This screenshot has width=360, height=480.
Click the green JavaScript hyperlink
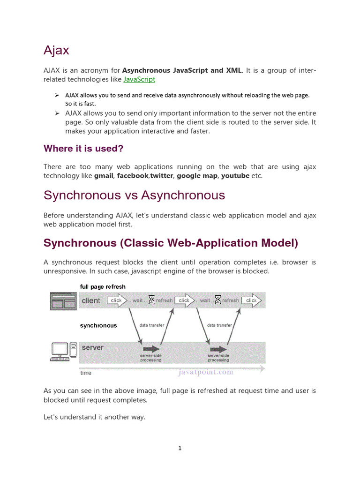click(139, 80)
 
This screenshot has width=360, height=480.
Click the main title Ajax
click(56, 51)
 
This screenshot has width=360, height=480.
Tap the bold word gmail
click(104, 176)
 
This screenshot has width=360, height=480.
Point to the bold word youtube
click(236, 176)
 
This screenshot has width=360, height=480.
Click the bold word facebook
click(133, 176)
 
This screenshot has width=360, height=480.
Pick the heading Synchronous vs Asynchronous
click(134, 195)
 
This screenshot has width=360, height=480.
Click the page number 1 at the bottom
click(180, 449)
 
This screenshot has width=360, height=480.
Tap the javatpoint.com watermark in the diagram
click(206, 373)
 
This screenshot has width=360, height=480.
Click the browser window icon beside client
click(63, 300)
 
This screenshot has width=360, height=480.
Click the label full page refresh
click(103, 286)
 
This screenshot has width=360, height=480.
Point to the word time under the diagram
click(86, 373)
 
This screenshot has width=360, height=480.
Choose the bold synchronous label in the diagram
click(98, 325)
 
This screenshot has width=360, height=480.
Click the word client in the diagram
click(91, 301)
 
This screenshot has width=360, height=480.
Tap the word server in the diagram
click(92, 348)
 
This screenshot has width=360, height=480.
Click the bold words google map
click(197, 176)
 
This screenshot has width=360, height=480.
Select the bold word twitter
click(162, 176)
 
